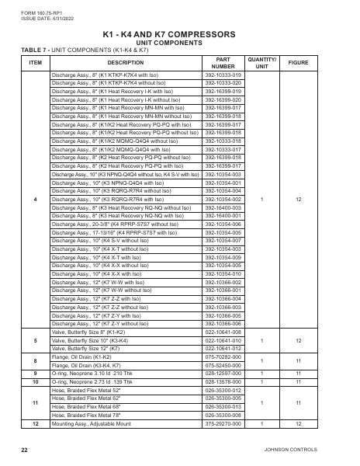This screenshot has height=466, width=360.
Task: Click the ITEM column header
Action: [35, 61]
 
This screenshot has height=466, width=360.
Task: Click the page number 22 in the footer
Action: [25, 450]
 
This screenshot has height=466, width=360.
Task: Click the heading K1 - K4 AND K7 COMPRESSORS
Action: [180, 35]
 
